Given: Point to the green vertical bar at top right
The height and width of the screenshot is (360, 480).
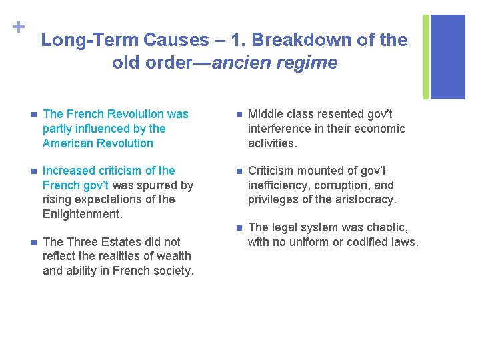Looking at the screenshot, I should [426, 57].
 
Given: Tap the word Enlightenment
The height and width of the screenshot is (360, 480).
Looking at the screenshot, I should [81, 214].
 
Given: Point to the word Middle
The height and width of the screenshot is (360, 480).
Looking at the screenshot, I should [266, 114].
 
